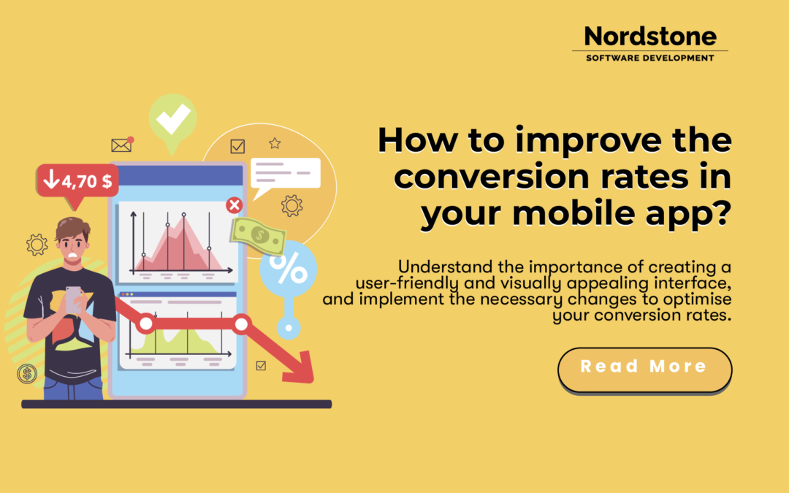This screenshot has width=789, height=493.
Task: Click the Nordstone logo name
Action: pyautogui.click(x=650, y=37)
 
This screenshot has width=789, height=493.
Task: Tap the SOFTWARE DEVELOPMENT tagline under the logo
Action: pyautogui.click(x=650, y=58)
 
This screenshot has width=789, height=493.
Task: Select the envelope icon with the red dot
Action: pyautogui.click(x=122, y=145)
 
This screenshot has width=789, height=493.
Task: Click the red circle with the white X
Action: pyautogui.click(x=235, y=205)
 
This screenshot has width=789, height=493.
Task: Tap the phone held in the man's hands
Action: pyautogui.click(x=74, y=299)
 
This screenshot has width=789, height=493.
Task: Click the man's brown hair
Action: pyautogui.click(x=73, y=230)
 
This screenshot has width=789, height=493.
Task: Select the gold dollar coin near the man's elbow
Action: pyautogui.click(x=28, y=375)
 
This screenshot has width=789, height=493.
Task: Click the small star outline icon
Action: pyautogui.click(x=275, y=143)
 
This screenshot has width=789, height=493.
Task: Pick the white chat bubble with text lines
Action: pyautogui.click(x=285, y=174)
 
